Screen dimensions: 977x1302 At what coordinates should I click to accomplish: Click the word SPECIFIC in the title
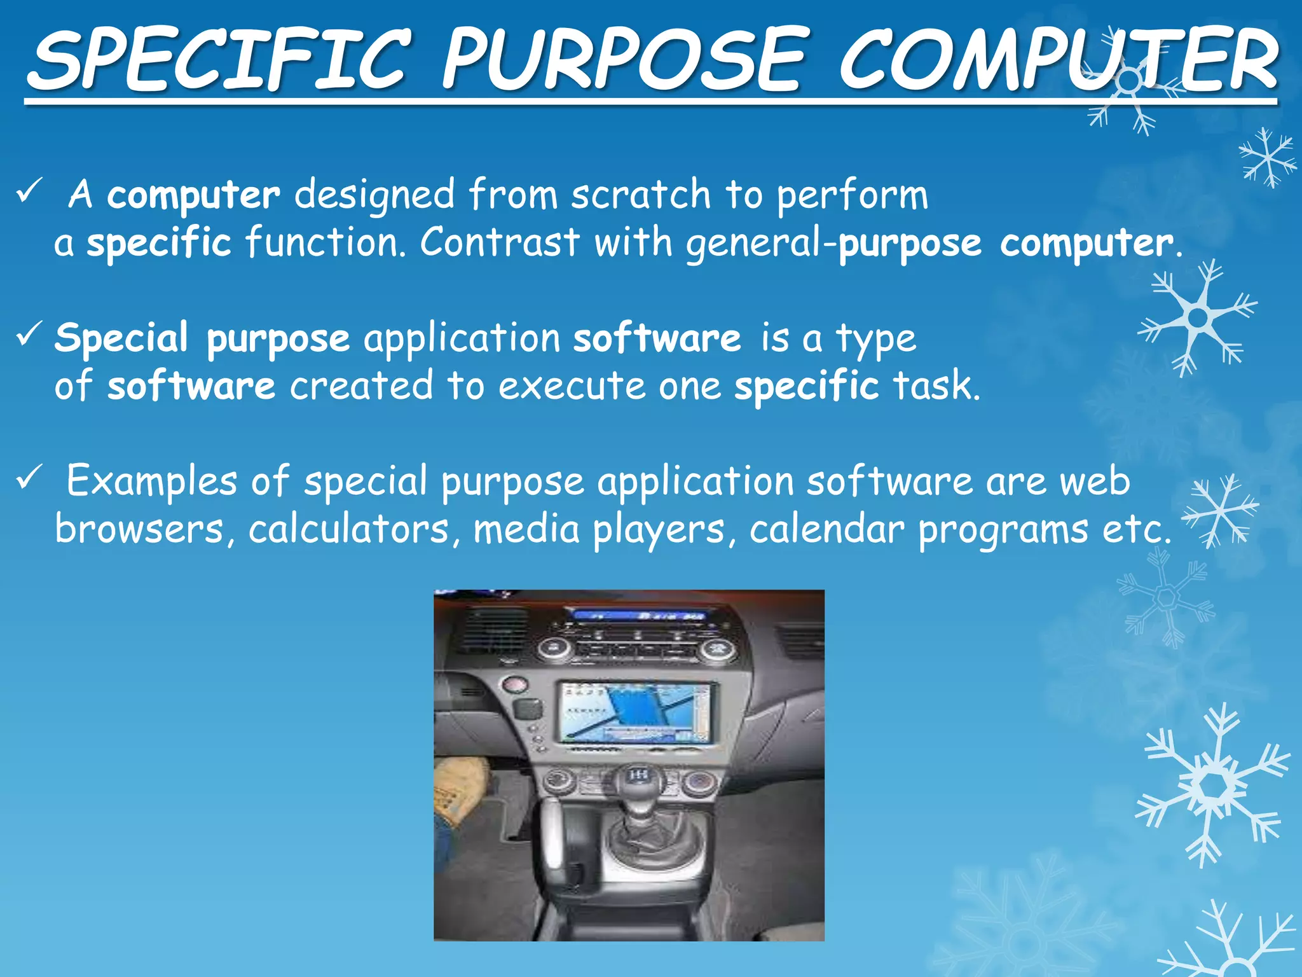pos(219,60)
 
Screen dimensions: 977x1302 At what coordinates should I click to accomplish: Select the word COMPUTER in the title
pos(1059,60)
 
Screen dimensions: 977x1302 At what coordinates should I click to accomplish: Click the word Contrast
pos(500,242)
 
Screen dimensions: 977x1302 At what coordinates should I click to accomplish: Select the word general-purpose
pos(833,244)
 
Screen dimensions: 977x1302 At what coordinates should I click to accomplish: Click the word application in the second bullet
pos(462,338)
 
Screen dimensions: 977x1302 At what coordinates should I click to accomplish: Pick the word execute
pos(572,386)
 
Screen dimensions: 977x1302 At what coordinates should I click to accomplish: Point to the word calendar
pos(826,529)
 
